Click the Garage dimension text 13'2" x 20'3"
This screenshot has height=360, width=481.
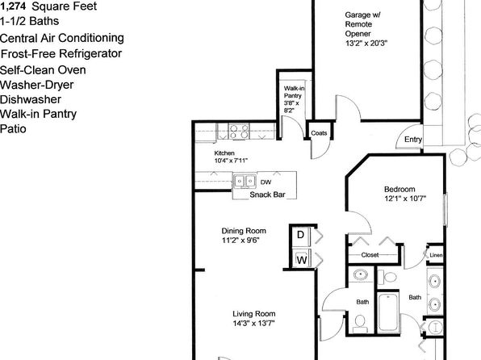click(x=366, y=44)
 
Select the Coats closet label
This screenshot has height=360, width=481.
click(x=319, y=133)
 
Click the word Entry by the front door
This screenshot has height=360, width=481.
click(x=413, y=140)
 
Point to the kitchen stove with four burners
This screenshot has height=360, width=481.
click(x=239, y=132)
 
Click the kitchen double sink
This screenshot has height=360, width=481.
click(x=245, y=181)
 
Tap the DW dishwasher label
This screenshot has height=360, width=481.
click(x=266, y=182)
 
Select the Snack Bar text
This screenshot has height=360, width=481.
click(x=267, y=195)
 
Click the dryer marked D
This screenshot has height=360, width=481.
click(x=301, y=236)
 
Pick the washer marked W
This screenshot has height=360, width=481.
click(x=302, y=259)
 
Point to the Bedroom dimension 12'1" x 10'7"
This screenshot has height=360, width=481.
click(x=405, y=199)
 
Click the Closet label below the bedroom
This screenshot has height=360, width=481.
click(x=370, y=255)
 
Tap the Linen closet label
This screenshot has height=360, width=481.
click(x=437, y=255)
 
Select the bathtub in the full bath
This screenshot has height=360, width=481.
click(x=388, y=312)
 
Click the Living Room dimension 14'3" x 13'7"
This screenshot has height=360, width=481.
click(x=253, y=323)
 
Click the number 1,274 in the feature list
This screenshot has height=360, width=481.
click(x=13, y=6)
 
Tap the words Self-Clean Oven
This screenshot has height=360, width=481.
click(x=43, y=70)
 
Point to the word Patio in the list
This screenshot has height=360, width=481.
click(x=13, y=128)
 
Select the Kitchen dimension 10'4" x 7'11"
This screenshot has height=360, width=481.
click(x=231, y=161)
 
